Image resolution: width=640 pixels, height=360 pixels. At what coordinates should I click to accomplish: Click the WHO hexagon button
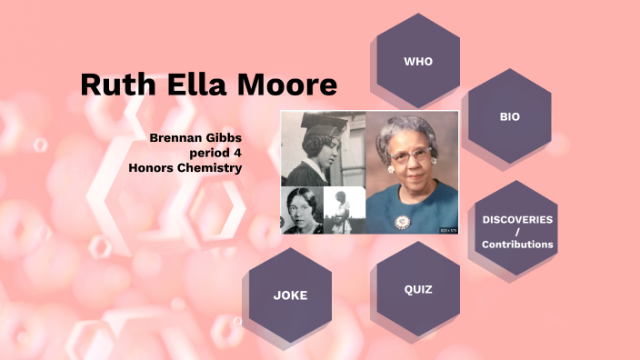(418, 61)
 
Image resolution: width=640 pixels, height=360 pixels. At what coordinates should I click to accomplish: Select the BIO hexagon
(510, 117)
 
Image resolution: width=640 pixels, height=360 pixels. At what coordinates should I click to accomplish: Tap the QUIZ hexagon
(417, 290)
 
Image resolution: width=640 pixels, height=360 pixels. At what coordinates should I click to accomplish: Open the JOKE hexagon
(290, 295)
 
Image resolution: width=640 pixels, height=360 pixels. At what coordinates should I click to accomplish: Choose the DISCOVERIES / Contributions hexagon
(516, 232)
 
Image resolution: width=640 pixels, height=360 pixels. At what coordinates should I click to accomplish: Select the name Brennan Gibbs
(196, 137)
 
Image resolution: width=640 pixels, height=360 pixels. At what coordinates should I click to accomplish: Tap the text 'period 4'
(215, 152)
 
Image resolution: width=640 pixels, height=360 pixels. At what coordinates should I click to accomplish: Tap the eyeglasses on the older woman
(411, 155)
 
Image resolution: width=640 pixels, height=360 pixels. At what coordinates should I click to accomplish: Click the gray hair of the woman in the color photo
(411, 128)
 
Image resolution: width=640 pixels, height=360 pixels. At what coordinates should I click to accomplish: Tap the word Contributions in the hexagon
(517, 245)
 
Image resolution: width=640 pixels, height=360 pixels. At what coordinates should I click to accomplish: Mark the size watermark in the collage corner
(448, 229)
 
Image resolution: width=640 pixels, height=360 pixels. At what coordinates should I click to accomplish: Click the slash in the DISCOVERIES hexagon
(517, 232)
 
